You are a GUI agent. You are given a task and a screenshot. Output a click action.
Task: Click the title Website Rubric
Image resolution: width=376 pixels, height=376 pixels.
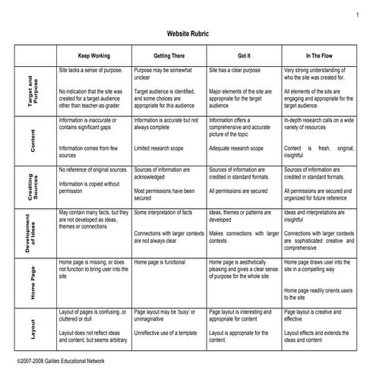coord(187,34)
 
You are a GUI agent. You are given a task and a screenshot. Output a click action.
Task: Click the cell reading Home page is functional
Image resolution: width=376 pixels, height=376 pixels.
coord(160,262)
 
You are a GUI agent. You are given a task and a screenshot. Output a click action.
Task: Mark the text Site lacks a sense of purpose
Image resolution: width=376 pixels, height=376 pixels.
coord(91,69)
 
